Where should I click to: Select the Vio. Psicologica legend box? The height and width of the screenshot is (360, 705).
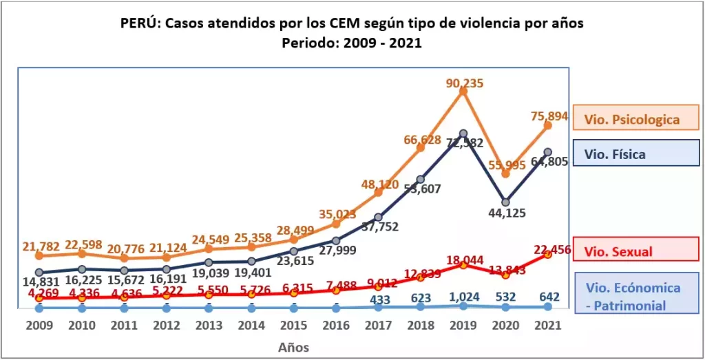[631, 118]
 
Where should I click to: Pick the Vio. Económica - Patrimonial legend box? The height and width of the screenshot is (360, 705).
[631, 296]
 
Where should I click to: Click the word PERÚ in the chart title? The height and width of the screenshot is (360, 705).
[140, 23]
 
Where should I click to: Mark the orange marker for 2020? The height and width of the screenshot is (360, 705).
[506, 174]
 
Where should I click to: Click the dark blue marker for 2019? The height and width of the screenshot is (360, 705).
[463, 134]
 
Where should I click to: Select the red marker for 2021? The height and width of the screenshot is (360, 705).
[548, 254]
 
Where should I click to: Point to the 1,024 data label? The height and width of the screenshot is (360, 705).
[463, 297]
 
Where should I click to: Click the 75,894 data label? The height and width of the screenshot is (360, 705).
[548, 116]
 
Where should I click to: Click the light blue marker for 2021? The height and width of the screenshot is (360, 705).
[548, 308]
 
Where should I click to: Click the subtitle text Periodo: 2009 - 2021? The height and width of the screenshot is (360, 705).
[352, 42]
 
